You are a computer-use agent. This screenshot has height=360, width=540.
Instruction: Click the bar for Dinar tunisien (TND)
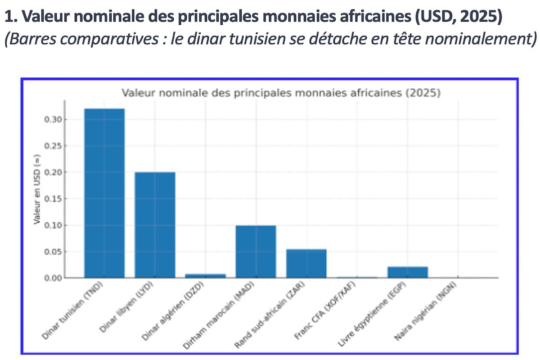(x=104, y=193)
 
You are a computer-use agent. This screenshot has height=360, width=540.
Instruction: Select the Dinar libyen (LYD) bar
(x=155, y=225)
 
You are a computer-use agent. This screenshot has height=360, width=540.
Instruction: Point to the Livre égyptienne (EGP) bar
(x=407, y=272)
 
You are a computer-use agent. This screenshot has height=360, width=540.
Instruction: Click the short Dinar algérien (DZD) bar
(x=205, y=275)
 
